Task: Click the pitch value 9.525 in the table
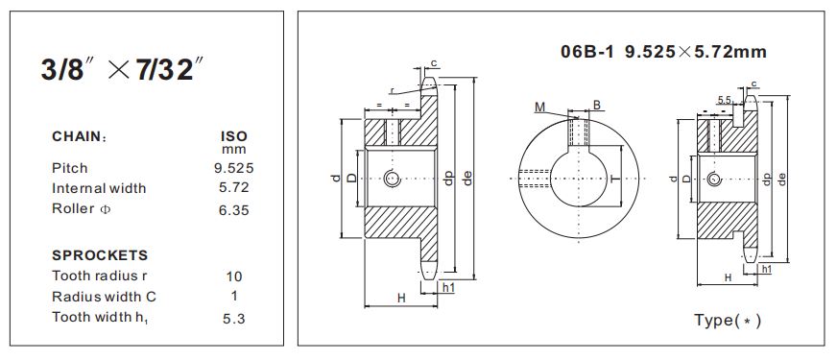click(234, 168)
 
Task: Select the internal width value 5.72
click(234, 188)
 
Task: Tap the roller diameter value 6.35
click(234, 210)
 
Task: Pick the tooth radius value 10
click(234, 276)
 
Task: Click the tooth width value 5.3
click(234, 320)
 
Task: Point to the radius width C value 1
click(234, 296)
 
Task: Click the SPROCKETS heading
click(100, 255)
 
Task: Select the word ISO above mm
click(234, 136)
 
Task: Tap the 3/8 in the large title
click(62, 70)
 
